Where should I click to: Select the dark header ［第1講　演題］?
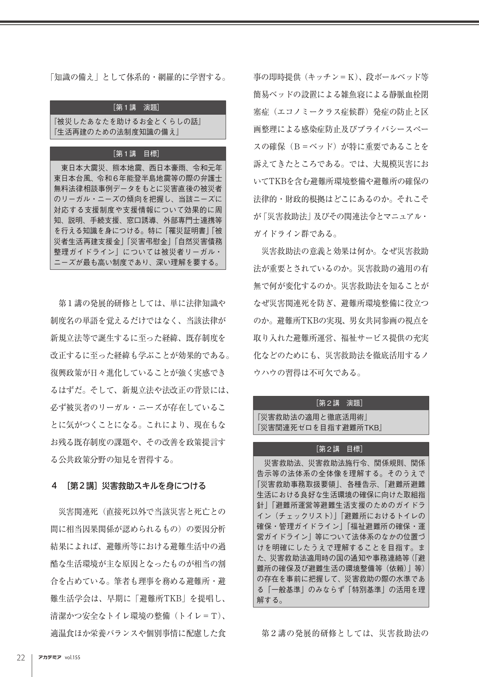[138, 107]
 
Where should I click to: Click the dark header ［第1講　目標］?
[138, 153]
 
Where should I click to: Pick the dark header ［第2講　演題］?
[341, 403]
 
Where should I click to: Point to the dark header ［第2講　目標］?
[341, 449]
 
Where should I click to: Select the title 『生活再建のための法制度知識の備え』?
[117, 132]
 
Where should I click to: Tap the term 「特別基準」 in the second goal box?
[367, 589]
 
